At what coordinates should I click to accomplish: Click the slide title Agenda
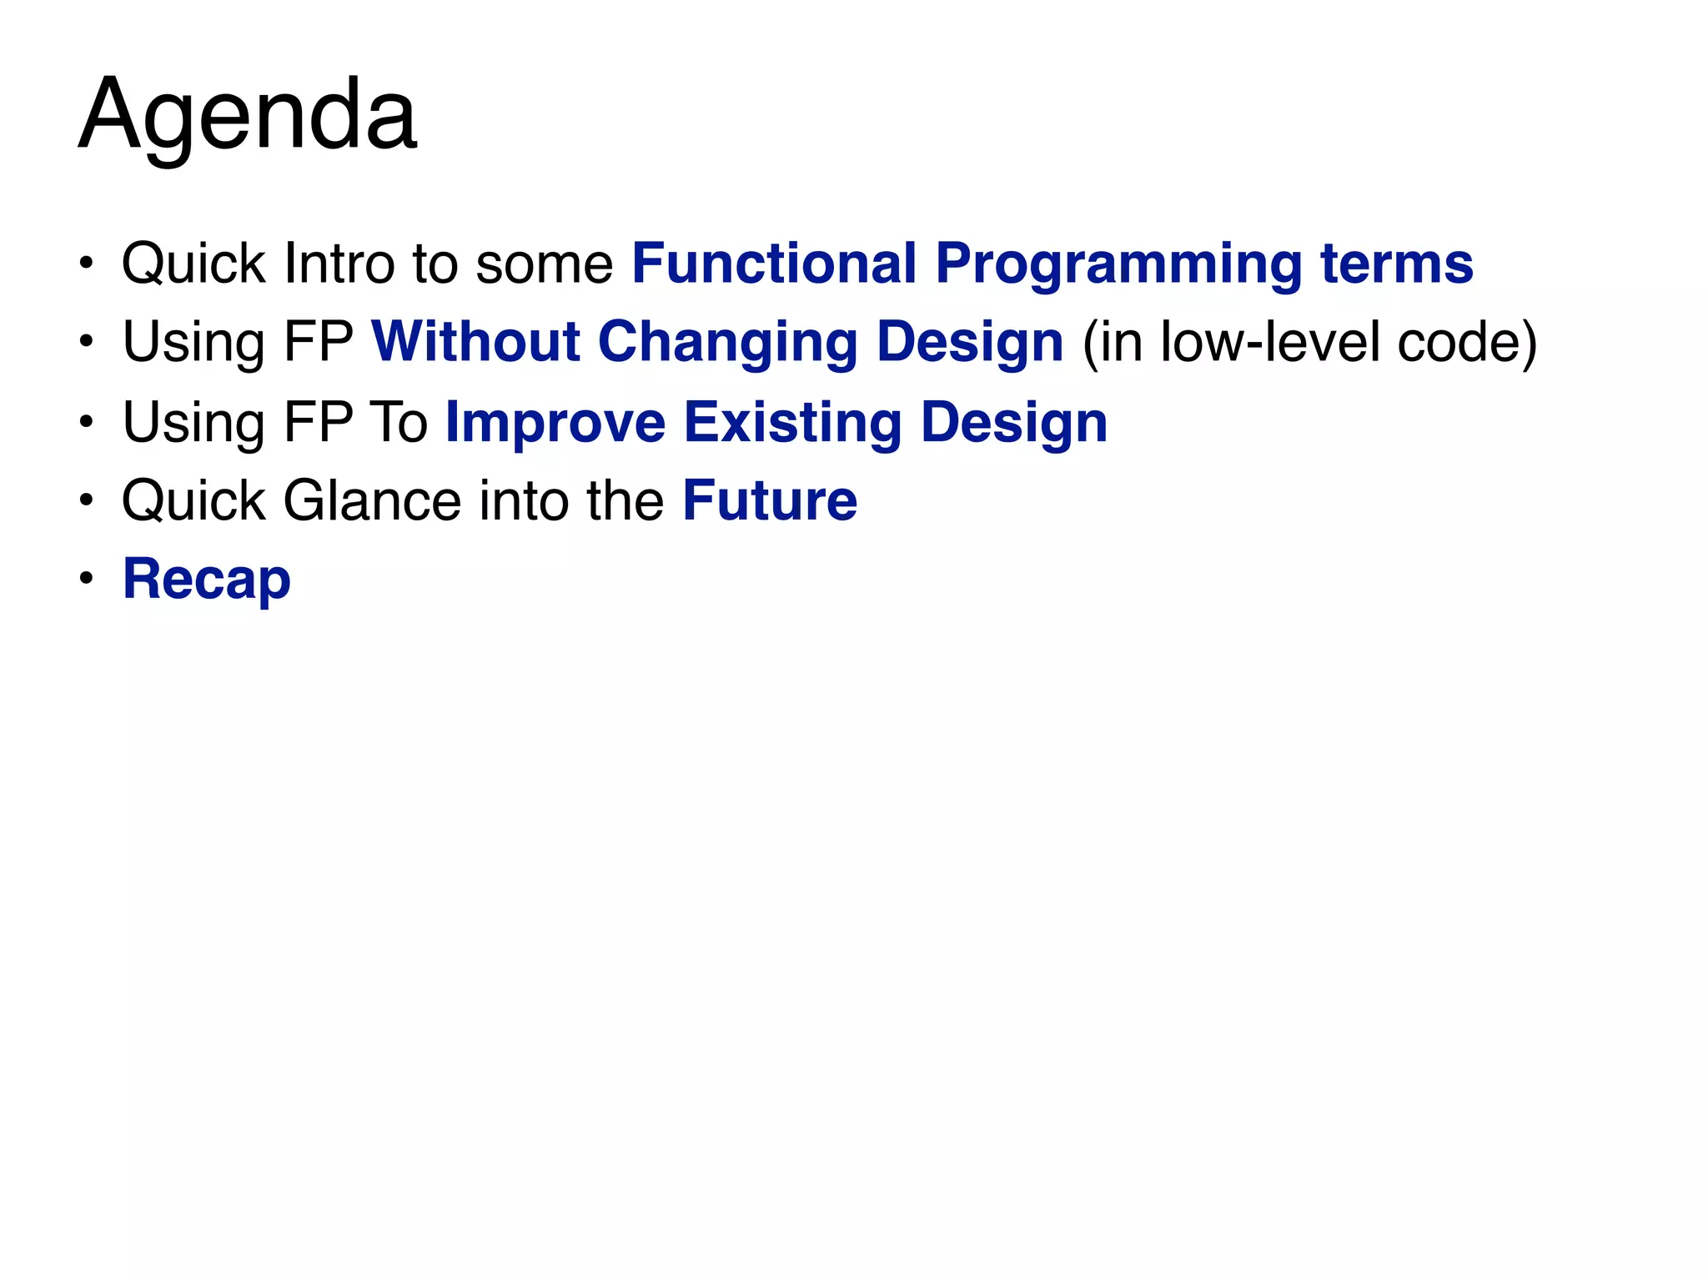[248, 114]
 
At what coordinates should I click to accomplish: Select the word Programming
[1118, 265]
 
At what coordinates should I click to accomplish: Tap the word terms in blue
[1397, 264]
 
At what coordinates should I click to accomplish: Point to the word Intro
[339, 264]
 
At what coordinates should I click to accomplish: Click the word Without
[475, 342]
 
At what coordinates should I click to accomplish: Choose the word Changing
[728, 344]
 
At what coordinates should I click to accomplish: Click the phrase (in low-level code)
[1309, 342]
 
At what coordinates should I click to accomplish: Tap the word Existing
[792, 422]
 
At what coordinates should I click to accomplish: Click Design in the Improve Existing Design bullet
[1014, 424]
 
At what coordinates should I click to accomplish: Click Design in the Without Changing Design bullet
[970, 344]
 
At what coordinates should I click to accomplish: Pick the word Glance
[372, 500]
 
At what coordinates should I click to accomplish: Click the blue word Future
[770, 500]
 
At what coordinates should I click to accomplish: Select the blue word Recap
[207, 580]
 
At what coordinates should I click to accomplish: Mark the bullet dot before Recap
[86, 578]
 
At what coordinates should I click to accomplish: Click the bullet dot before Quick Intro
[86, 264]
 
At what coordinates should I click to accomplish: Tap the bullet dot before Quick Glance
[86, 500]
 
